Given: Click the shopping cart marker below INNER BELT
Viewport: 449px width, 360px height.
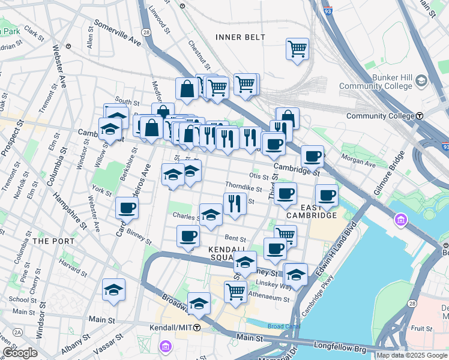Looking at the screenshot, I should tap(297, 49).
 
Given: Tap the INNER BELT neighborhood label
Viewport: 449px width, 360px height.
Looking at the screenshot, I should tap(240, 37).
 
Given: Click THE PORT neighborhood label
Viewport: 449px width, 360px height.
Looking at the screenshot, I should tap(53, 241).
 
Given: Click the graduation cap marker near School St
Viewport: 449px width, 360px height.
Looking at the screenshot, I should tap(113, 291).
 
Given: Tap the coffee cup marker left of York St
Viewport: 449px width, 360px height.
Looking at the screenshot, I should tap(127, 209).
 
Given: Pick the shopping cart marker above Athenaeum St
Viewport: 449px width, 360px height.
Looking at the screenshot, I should tap(235, 292).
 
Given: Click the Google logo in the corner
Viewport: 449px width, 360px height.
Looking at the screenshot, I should tap(19, 353).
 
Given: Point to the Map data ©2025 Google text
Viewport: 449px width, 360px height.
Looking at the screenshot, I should tap(411, 355).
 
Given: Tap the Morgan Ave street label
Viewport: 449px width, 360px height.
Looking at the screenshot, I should tap(358, 159).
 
